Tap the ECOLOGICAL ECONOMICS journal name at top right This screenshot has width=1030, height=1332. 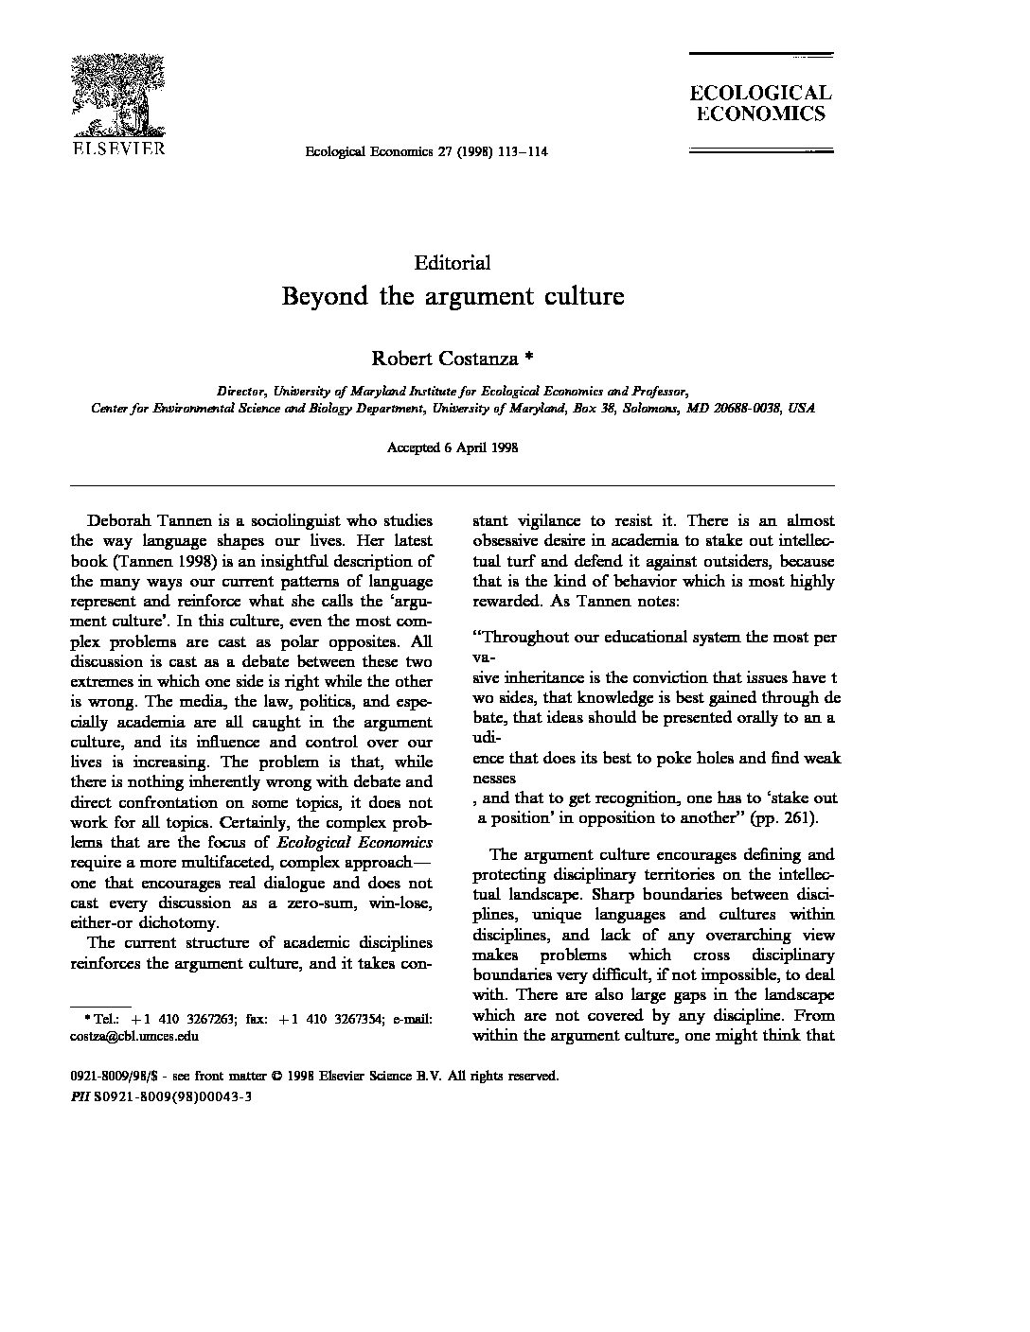759,104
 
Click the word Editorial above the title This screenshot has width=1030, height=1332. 453,263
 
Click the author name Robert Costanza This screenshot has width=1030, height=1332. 444,359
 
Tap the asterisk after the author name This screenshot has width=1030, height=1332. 529,359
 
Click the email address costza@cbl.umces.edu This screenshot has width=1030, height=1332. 134,1035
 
